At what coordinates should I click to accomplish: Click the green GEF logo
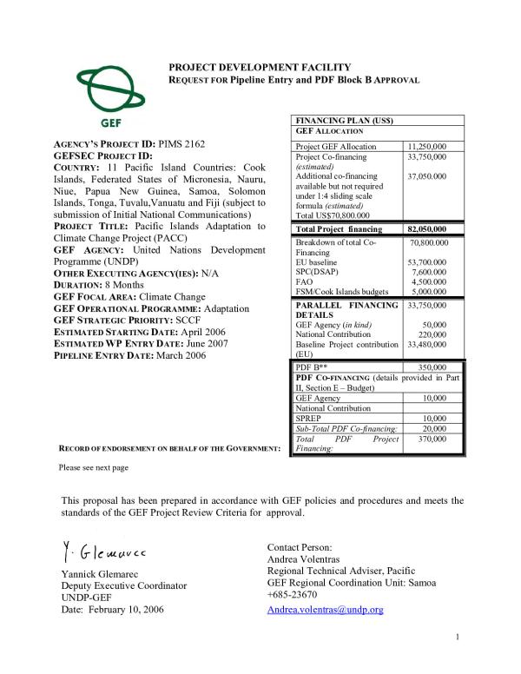105,93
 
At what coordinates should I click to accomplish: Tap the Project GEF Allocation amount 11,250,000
426,147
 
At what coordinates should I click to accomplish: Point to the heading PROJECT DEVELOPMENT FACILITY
260,67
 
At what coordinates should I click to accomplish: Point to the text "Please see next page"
94,467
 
